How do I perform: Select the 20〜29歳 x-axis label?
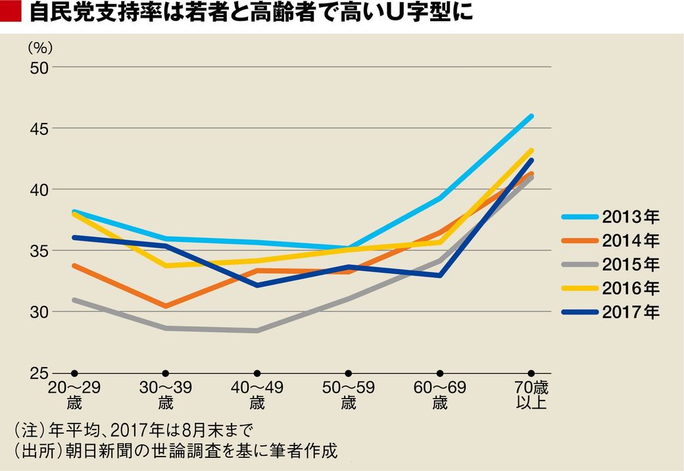point(74,395)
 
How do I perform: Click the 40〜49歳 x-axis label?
point(257,395)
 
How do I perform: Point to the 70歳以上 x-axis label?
point(531,395)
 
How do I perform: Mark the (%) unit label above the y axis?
point(40,47)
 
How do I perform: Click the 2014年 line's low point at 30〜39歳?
point(166,306)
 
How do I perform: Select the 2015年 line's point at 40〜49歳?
point(257,330)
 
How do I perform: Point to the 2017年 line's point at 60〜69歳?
point(440,275)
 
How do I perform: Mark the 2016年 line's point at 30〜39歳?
point(166,265)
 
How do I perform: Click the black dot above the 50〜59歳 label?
point(349,373)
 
